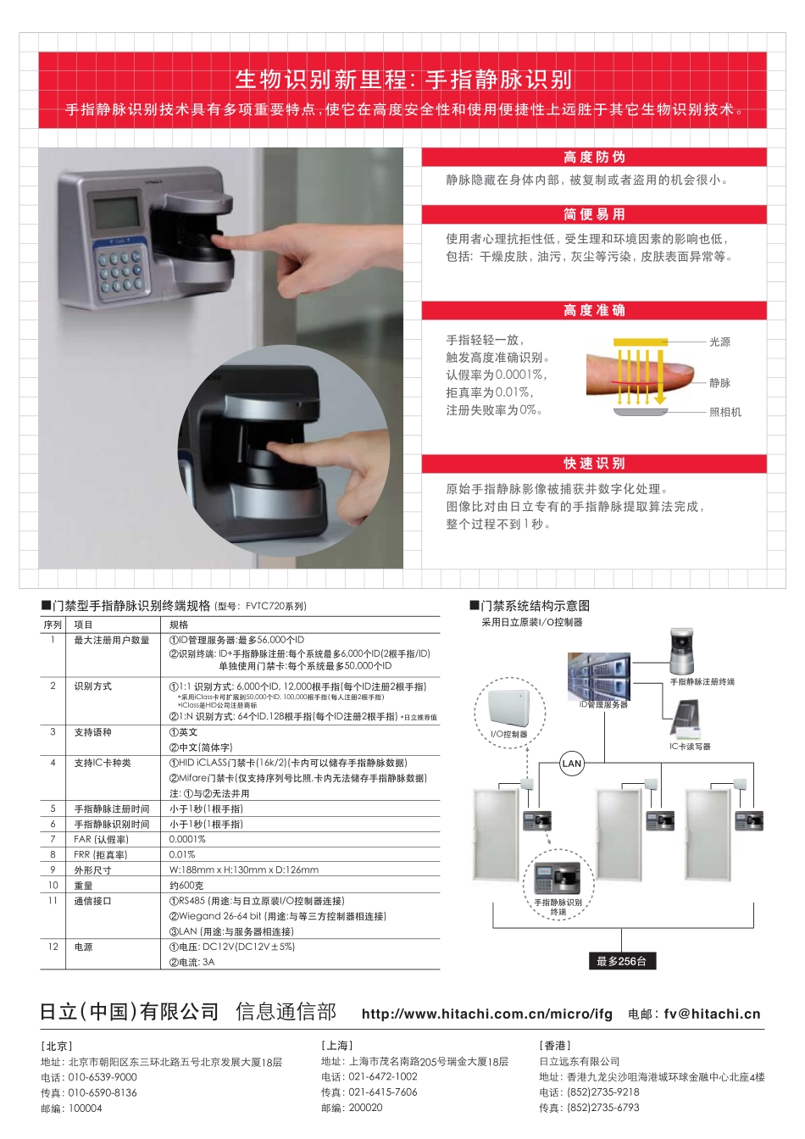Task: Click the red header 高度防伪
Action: pos(594,158)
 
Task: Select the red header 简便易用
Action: pos(594,214)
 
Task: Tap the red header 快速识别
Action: pos(594,464)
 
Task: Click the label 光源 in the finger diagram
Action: pos(719,342)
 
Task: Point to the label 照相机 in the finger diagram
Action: pos(724,412)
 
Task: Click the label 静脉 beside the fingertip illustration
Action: pos(719,383)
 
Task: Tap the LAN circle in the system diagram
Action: pos(572,764)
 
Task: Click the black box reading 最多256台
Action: pos(621,961)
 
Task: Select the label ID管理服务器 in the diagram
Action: pos(603,704)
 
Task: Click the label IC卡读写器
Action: pos(690,747)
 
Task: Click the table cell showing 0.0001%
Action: pos(187,839)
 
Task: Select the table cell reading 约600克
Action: pos(186,885)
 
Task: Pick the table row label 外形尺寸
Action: pos(92,870)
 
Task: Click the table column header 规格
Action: pos(179,625)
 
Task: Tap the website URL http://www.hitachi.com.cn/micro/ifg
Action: pos(486,1014)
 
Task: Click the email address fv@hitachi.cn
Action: pos(712,1014)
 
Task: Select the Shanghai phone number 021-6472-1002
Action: pos(383,1076)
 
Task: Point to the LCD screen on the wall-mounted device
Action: pos(115,212)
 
